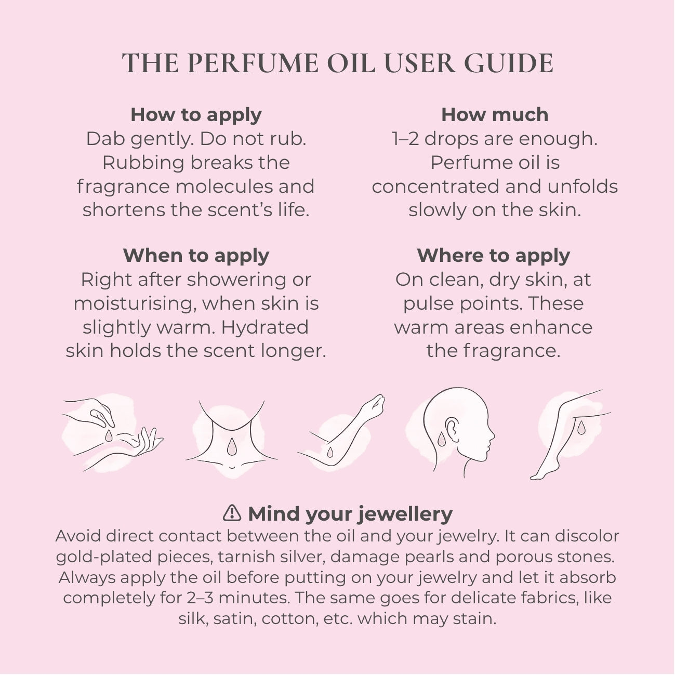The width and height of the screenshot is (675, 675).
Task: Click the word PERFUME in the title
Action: [253, 63]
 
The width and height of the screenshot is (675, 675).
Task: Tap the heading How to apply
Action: [196, 115]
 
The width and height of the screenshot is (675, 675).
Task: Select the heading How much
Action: [495, 115]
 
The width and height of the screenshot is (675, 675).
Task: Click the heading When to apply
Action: [196, 256]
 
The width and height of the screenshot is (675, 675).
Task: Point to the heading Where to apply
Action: [494, 256]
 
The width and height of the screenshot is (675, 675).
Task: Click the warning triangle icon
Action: [232, 513]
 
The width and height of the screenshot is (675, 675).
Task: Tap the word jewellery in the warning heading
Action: [405, 515]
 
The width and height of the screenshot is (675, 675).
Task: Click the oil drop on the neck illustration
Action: [232, 447]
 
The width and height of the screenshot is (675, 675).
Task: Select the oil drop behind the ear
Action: [441, 439]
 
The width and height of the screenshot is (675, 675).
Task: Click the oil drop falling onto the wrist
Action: [109, 435]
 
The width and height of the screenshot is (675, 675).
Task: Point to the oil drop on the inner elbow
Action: [330, 453]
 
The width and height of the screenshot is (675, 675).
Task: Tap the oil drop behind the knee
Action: [581, 428]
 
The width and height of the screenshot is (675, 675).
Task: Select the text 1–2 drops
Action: [435, 139]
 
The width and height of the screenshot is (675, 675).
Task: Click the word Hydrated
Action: [265, 327]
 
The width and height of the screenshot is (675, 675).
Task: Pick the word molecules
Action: [224, 187]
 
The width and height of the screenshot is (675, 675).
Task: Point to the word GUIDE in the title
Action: [509, 63]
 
